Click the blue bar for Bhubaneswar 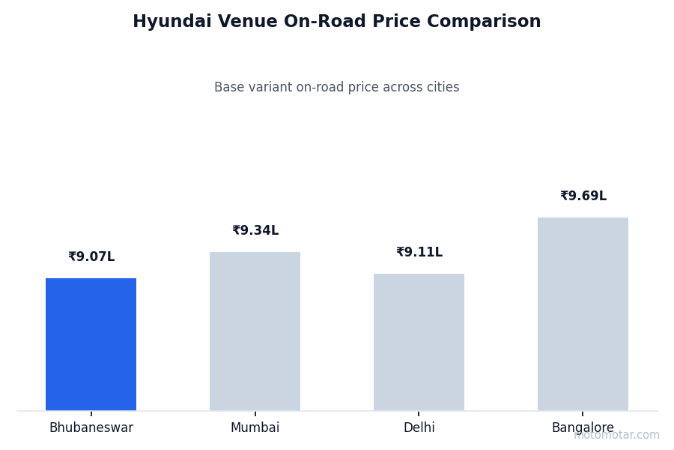click(91, 344)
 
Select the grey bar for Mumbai click(255, 331)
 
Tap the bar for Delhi click(419, 342)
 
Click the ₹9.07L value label click(91, 257)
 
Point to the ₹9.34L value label click(255, 231)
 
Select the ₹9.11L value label click(419, 253)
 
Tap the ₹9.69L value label click(583, 196)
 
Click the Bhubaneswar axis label click(91, 428)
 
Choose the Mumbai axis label click(255, 428)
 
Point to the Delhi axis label click(419, 428)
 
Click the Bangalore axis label click(583, 428)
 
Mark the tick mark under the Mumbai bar click(255, 413)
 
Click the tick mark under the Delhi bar click(419, 413)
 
